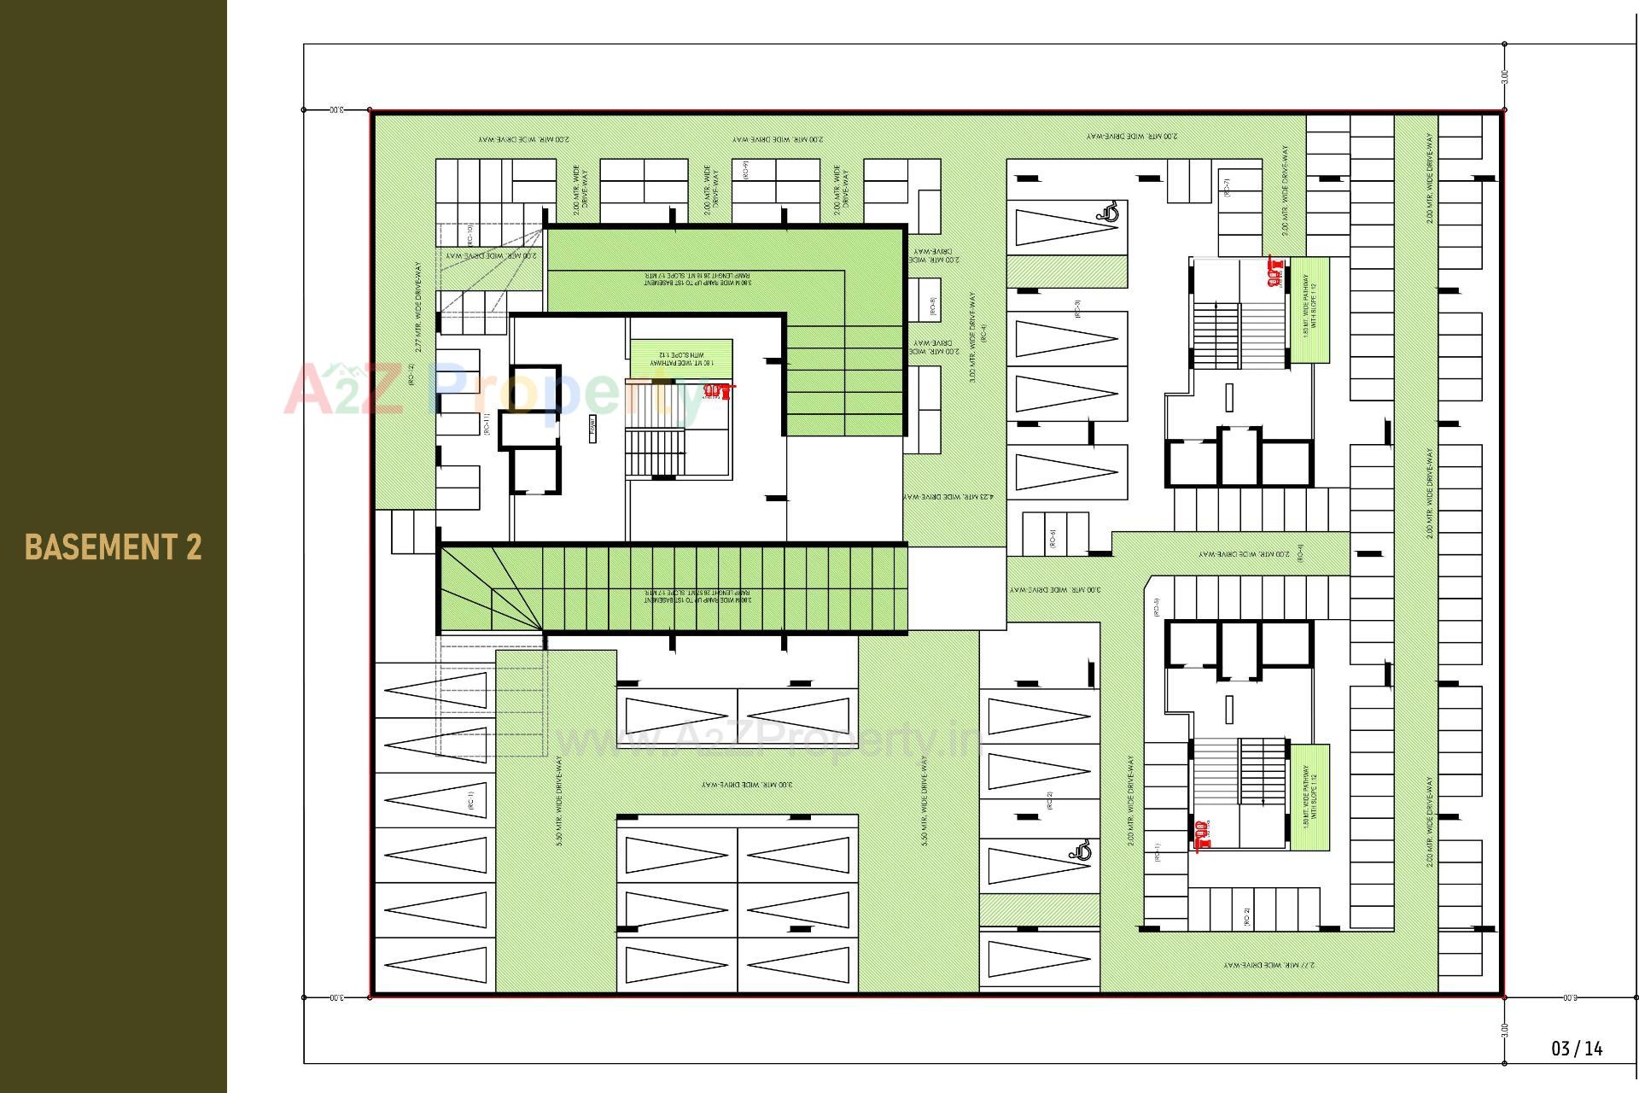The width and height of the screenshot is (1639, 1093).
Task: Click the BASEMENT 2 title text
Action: coord(114,547)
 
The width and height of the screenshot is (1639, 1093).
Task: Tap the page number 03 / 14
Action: coord(1577,1049)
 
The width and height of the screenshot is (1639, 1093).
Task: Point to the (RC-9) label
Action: coord(745,170)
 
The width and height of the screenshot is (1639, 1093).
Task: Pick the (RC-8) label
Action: coord(933,307)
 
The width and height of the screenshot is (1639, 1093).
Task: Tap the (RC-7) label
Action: coord(1227,187)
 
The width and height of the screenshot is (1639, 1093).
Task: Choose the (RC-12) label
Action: coord(411,376)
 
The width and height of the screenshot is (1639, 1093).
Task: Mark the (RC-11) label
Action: coord(486,424)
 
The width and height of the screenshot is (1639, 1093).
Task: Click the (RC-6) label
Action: coord(1053,539)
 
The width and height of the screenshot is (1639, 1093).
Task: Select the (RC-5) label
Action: coord(1156,606)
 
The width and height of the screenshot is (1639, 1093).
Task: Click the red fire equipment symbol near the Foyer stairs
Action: coord(719,391)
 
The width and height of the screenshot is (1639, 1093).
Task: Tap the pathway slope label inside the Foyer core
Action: coord(681,358)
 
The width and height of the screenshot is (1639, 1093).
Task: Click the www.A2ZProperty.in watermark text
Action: coord(768,740)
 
